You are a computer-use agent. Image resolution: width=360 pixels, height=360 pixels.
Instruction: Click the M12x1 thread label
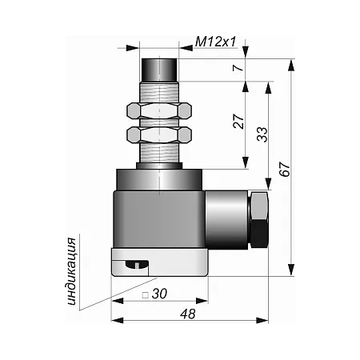[x=216, y=42]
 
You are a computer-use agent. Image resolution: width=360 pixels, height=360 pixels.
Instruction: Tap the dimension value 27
[x=238, y=122]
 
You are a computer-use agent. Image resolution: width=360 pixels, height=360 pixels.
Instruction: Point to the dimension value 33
[x=262, y=134]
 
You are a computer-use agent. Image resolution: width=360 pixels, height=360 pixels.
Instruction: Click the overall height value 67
[x=285, y=169]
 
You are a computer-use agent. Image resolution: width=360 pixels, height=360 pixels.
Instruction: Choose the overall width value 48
[x=188, y=314]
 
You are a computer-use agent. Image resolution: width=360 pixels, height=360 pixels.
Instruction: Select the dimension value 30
[x=159, y=294]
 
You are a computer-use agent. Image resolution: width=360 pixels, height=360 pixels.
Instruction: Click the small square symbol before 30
[x=146, y=295]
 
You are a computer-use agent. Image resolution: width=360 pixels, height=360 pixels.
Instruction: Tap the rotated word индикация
[x=71, y=271]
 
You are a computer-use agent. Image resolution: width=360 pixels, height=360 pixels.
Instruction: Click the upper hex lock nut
[x=159, y=110]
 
